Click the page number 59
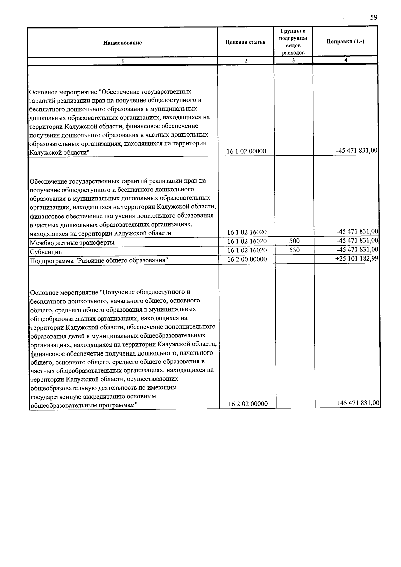[374, 18]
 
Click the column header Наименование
[122, 43]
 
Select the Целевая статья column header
[246, 42]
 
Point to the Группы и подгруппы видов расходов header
[293, 42]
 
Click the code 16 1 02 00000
[246, 151]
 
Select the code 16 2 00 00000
[247, 259]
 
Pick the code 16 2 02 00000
[248, 404]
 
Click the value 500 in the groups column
[294, 241]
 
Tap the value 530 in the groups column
[294, 250]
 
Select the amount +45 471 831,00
[358, 403]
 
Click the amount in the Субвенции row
[357, 249]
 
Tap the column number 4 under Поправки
[346, 60]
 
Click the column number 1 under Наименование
[123, 61]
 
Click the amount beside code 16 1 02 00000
[357, 151]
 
